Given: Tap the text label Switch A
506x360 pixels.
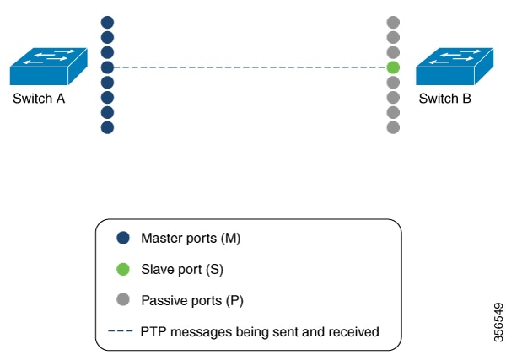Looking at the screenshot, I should pyautogui.click(x=39, y=99).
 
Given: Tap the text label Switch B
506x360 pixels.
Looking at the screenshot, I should pyautogui.click(x=444, y=99).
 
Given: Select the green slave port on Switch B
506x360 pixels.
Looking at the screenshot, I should pyautogui.click(x=393, y=67).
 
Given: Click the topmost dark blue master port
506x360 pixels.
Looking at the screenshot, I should pyautogui.click(x=107, y=22).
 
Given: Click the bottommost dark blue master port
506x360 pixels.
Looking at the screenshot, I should pyautogui.click(x=107, y=128).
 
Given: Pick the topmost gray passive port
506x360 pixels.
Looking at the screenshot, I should pyautogui.click(x=393, y=22).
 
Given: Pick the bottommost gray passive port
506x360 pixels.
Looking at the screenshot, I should pyautogui.click(x=393, y=128).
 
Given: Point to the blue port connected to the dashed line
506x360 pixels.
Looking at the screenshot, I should pyautogui.click(x=107, y=67).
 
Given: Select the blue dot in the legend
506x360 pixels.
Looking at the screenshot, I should pyautogui.click(x=123, y=239).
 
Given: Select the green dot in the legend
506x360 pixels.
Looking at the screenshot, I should pyautogui.click(x=123, y=270).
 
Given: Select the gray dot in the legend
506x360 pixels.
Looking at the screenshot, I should pyautogui.click(x=123, y=300).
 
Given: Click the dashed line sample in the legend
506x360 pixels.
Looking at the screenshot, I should pyautogui.click(x=123, y=332).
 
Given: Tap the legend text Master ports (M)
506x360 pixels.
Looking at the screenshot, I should pyautogui.click(x=191, y=239).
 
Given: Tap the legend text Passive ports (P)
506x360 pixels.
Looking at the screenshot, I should pyautogui.click(x=192, y=300).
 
